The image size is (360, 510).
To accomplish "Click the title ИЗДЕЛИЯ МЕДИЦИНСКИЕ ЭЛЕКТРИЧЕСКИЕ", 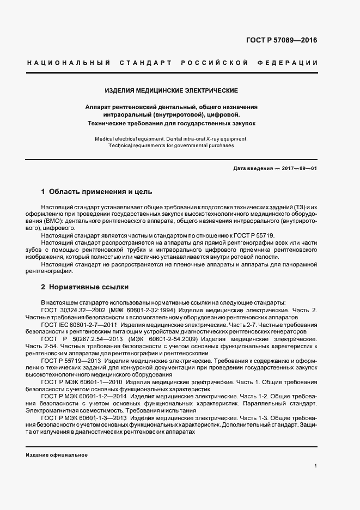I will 171,90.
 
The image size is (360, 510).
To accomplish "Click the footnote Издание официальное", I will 57,455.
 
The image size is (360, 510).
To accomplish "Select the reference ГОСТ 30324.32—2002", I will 74,310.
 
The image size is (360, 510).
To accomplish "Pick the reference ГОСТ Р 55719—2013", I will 70,360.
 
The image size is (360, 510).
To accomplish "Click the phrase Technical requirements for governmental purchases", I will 171,146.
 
